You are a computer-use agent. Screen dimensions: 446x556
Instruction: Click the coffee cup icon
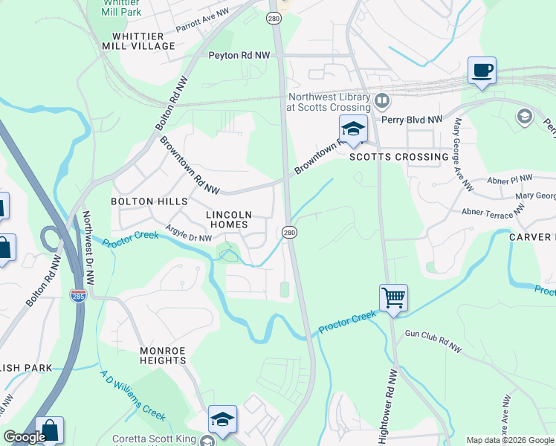click(482, 71)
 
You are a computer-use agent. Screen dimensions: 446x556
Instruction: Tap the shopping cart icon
click(393, 298)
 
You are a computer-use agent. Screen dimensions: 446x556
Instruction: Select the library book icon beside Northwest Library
click(381, 100)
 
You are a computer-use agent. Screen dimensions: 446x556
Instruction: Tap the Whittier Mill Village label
click(143, 45)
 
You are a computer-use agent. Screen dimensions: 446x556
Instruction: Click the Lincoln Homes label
click(229, 219)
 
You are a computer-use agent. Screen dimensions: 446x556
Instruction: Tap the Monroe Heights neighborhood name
click(163, 355)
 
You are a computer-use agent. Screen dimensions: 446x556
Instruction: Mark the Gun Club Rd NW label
click(433, 341)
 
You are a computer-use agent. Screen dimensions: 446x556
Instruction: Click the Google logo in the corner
click(25, 437)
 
